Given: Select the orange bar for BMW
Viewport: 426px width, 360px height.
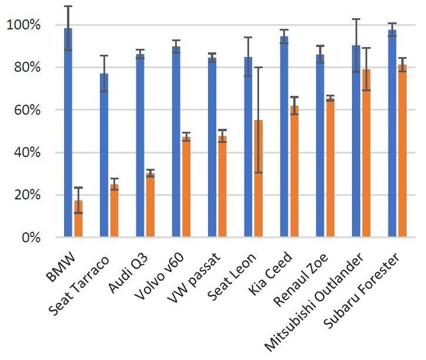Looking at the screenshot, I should point(78,219).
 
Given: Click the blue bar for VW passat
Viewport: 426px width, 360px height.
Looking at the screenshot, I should point(213,148).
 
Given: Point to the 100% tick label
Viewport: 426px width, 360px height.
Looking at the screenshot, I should point(23,25).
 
